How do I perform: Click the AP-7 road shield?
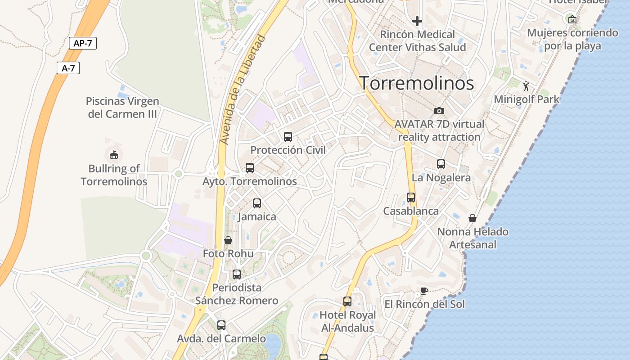(x=83, y=43)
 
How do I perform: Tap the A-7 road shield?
(x=68, y=68)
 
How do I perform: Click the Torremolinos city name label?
(x=416, y=83)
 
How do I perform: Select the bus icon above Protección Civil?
(x=288, y=136)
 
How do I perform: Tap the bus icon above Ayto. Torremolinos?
(x=250, y=168)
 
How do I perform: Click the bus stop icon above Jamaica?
(x=257, y=203)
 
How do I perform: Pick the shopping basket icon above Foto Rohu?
(x=228, y=240)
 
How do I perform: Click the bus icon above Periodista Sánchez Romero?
(x=237, y=274)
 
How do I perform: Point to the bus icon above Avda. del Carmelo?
(x=221, y=325)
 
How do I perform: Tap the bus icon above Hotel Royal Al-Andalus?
(x=347, y=301)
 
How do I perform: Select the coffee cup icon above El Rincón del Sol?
(x=424, y=291)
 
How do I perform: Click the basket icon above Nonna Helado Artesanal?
(x=473, y=218)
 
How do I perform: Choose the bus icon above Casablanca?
(x=411, y=198)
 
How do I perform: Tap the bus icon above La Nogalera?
(x=441, y=164)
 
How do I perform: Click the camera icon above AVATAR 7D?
(x=439, y=111)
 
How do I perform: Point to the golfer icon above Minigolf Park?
(x=526, y=86)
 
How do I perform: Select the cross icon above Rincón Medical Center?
(x=417, y=21)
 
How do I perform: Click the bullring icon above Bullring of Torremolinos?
(x=114, y=155)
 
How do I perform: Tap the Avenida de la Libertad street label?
(x=243, y=90)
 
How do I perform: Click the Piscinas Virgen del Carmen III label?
(x=122, y=108)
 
